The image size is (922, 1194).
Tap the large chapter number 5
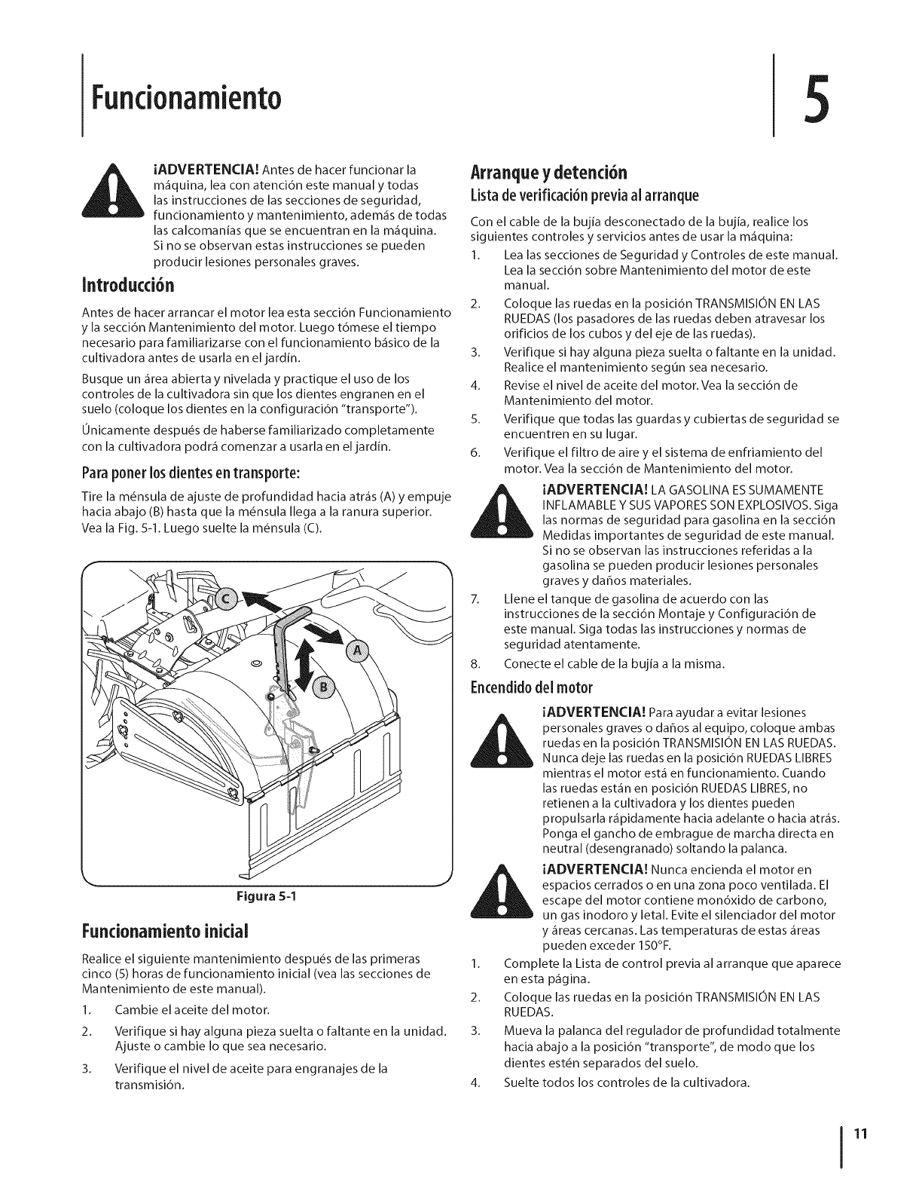825,98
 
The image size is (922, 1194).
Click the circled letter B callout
325,688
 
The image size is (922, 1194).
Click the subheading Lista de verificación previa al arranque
584,196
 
